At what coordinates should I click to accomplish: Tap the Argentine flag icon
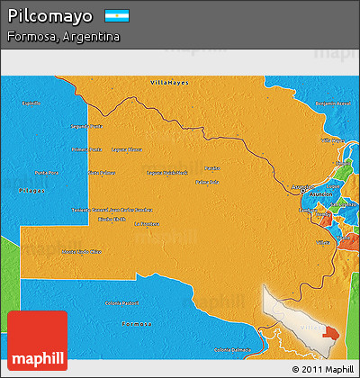tap(117, 15)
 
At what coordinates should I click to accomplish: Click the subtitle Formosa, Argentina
tap(63, 37)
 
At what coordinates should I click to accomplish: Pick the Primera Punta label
tap(86, 149)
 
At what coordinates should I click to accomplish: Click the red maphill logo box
tap(37, 340)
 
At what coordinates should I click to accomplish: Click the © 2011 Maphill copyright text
tap(323, 369)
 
